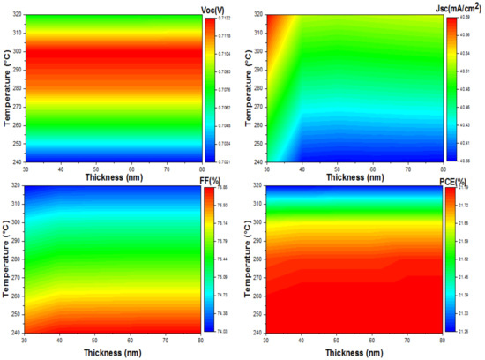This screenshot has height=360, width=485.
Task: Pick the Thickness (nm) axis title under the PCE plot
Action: [x=359, y=352]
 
